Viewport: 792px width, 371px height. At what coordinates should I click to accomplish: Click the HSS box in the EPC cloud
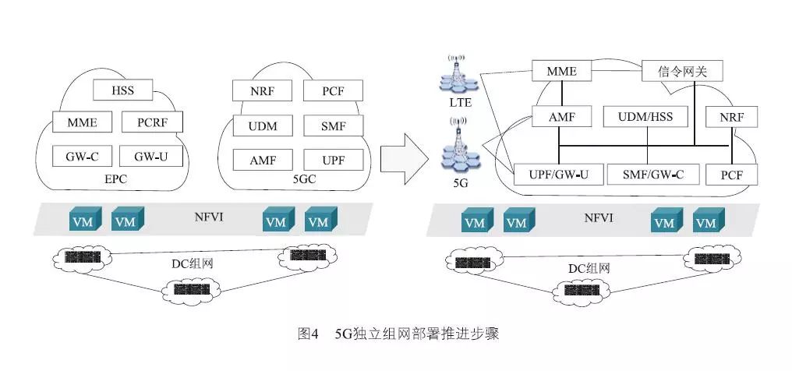coord(122,90)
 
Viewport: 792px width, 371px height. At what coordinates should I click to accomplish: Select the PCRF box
coord(152,122)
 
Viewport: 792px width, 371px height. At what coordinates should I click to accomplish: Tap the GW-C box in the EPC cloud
coord(82,156)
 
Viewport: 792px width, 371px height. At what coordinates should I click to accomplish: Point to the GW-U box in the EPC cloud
coord(152,156)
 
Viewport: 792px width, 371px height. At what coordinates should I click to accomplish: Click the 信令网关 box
coord(681,72)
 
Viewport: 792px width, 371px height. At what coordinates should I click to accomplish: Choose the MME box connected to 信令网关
coord(560,72)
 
